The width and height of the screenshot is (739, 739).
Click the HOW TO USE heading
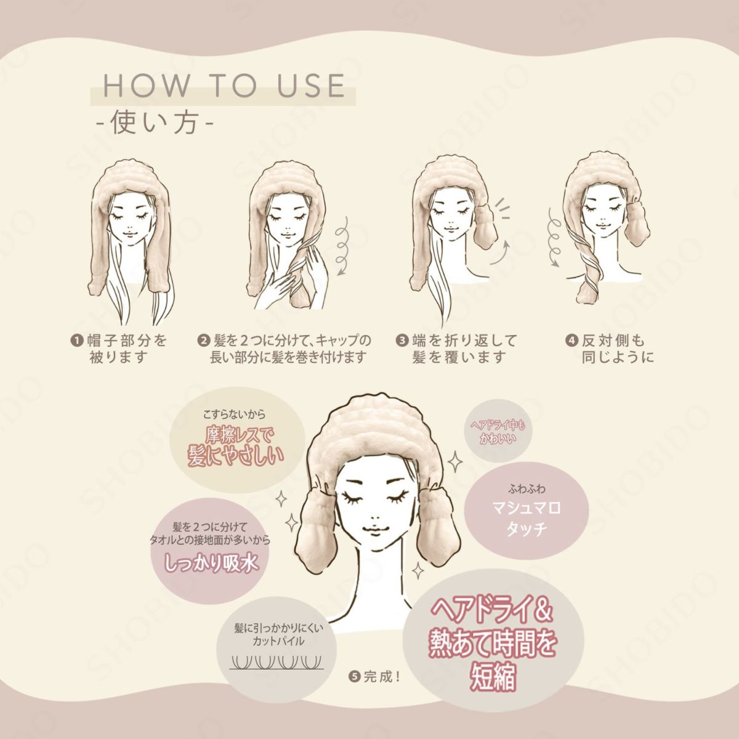[x=224, y=86]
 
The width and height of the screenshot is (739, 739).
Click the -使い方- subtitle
[x=155, y=123]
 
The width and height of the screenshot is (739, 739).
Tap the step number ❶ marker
[x=76, y=340]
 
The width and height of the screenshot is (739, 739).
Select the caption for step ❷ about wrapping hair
[x=285, y=349]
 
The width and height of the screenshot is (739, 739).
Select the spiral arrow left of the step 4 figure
[x=554, y=237]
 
